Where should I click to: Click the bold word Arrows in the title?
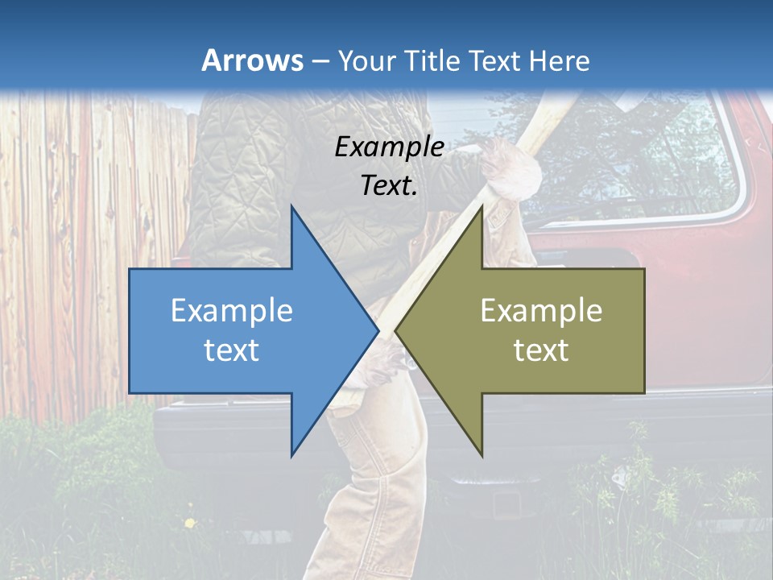(x=252, y=60)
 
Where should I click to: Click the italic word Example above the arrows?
(x=389, y=147)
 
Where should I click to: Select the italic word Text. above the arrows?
(x=389, y=185)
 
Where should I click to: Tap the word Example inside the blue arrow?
(x=232, y=311)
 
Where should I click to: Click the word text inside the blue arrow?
(x=232, y=350)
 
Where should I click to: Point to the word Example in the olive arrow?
(x=541, y=311)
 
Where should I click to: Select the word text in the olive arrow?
(x=541, y=350)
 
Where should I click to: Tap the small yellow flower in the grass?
(x=189, y=524)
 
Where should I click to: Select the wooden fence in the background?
(x=89, y=242)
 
